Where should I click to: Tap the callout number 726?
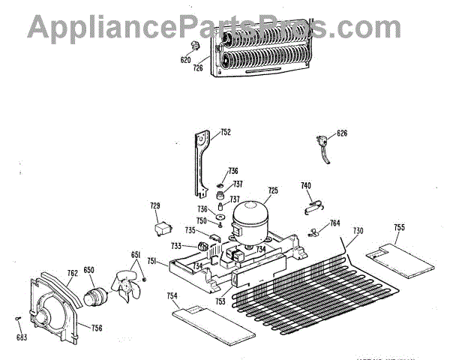(198, 68)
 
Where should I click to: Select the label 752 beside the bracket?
(225, 132)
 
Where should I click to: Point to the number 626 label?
(341, 133)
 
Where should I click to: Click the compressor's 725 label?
(273, 190)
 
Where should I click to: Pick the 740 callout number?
(306, 185)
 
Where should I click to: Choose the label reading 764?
(334, 223)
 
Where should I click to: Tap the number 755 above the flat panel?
(399, 226)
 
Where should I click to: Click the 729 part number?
(155, 205)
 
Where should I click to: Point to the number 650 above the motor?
(88, 269)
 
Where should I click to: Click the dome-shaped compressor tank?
(251, 217)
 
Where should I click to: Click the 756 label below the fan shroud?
(97, 328)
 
